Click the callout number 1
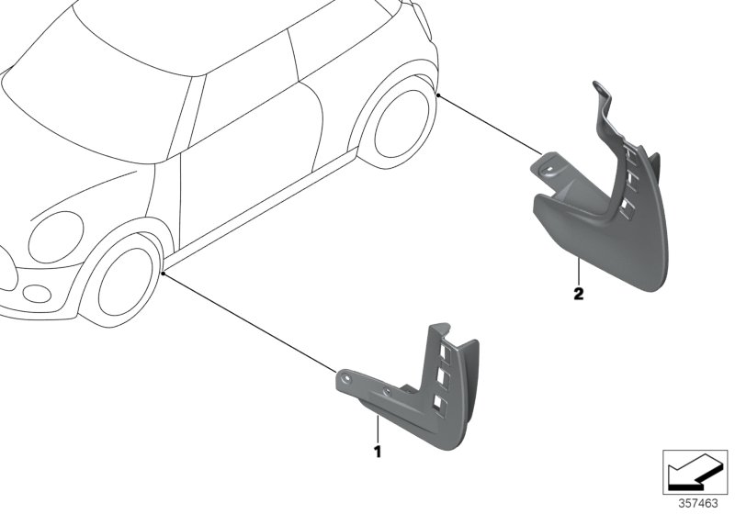[377, 452]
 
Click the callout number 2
[577, 295]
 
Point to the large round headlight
[56, 237]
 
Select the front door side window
[249, 100]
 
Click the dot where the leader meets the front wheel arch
[163, 273]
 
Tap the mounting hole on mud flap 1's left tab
[347, 378]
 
